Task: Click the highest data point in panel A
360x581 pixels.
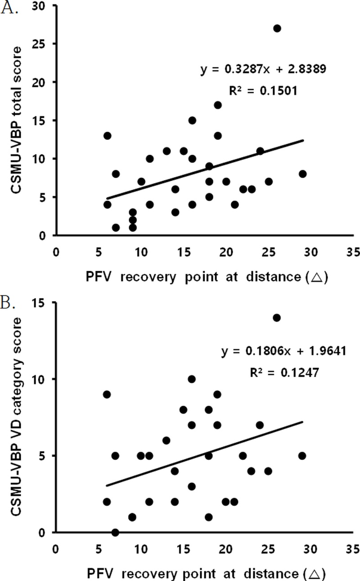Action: [277, 28]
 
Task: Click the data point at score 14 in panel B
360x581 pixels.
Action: [277, 317]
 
